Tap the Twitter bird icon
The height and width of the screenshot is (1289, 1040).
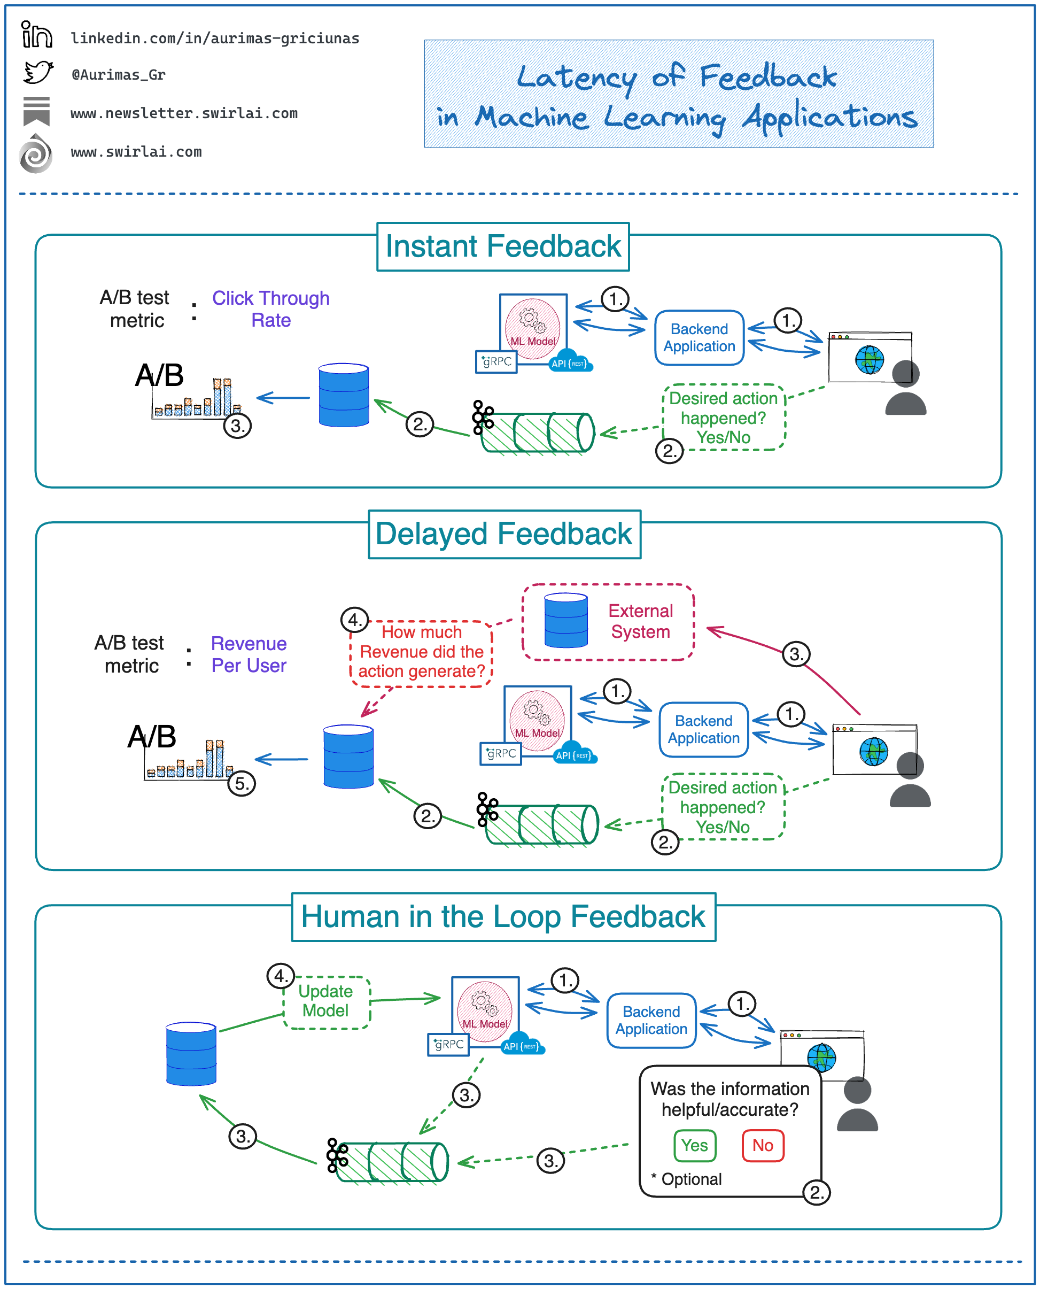click(x=38, y=73)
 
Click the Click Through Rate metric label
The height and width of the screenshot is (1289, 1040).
click(x=271, y=309)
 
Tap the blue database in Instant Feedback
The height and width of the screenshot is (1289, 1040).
click(x=344, y=395)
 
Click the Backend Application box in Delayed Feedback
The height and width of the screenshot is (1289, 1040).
click(x=703, y=730)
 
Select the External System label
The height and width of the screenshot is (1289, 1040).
click(x=640, y=621)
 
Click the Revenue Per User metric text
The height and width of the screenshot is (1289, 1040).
click(x=249, y=654)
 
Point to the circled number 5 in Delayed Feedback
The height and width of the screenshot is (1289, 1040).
click(x=242, y=784)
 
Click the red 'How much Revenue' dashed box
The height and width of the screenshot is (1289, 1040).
click(x=421, y=652)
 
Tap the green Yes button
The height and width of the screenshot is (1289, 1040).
click(x=694, y=1146)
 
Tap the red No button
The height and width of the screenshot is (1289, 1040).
click(x=763, y=1146)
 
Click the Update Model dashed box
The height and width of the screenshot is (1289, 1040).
click(x=326, y=1001)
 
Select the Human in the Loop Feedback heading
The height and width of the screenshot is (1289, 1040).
click(x=503, y=917)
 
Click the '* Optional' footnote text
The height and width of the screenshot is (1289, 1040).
click(x=687, y=1179)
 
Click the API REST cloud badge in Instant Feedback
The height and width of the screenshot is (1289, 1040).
click(x=569, y=362)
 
